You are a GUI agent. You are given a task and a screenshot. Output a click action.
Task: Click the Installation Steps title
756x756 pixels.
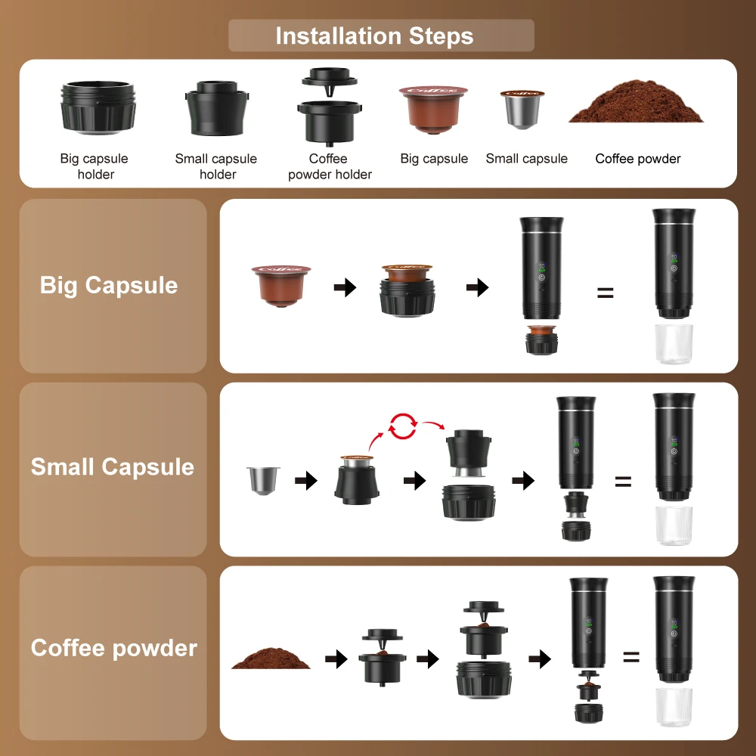click(374, 36)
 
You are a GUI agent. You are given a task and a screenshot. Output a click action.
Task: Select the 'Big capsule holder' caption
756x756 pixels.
click(94, 166)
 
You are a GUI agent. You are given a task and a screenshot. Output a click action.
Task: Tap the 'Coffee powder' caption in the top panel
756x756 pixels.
click(637, 159)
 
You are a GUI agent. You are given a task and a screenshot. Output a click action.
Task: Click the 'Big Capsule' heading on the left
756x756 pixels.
click(109, 286)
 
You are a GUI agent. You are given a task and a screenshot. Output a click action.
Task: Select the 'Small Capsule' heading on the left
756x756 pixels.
click(112, 467)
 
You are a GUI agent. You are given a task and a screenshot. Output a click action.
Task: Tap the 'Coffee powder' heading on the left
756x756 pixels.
click(113, 649)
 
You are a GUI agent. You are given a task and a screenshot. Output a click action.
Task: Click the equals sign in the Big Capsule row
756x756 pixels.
click(605, 293)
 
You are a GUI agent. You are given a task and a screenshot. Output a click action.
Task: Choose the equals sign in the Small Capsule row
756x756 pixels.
click(622, 481)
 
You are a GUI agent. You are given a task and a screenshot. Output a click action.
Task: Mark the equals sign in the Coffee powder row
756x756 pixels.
click(631, 657)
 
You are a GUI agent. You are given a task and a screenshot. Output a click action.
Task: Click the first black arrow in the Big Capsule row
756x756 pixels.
click(345, 287)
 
